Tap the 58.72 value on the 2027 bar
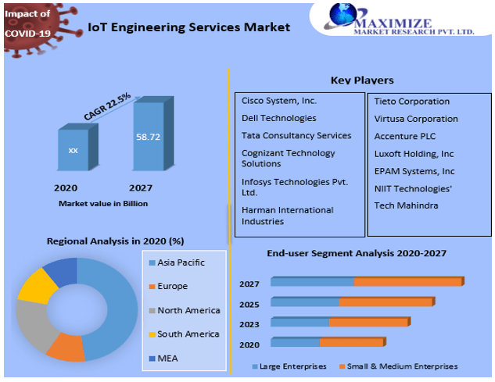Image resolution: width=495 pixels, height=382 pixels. [148, 136]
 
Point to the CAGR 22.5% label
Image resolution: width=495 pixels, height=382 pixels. [107, 106]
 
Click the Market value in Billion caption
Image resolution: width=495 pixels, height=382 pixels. [102, 203]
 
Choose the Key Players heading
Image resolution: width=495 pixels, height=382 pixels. [362, 80]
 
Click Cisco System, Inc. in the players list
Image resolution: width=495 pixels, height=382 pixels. [279, 101]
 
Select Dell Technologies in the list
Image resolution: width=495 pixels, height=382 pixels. [278, 118]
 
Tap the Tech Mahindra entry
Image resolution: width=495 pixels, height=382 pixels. [406, 205]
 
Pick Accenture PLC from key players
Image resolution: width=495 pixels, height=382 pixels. [404, 136]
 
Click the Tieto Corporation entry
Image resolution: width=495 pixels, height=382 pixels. [411, 101]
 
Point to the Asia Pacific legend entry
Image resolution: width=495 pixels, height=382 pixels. [181, 262]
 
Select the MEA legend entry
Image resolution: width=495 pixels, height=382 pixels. [168, 359]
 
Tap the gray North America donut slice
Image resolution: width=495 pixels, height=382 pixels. [30, 324]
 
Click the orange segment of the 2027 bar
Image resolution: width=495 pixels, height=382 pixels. [409, 282]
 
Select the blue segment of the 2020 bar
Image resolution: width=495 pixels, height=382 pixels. [296, 342]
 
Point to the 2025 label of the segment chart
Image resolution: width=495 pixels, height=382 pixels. [249, 303]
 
